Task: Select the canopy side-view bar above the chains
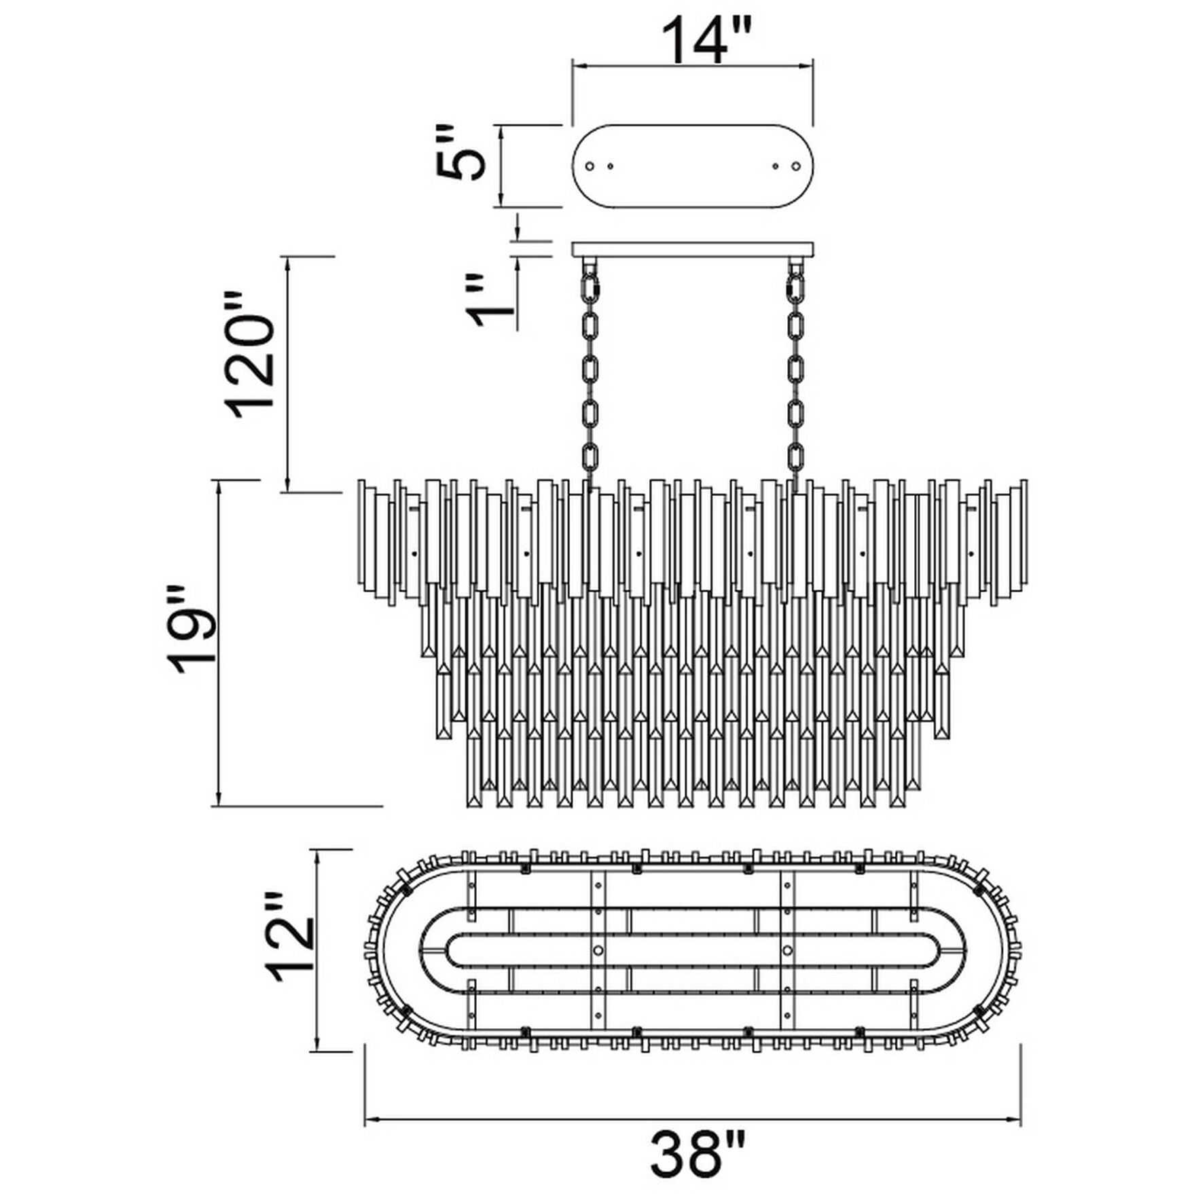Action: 693,249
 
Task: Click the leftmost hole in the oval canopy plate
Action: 590,166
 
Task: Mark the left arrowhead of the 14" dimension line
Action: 577,66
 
